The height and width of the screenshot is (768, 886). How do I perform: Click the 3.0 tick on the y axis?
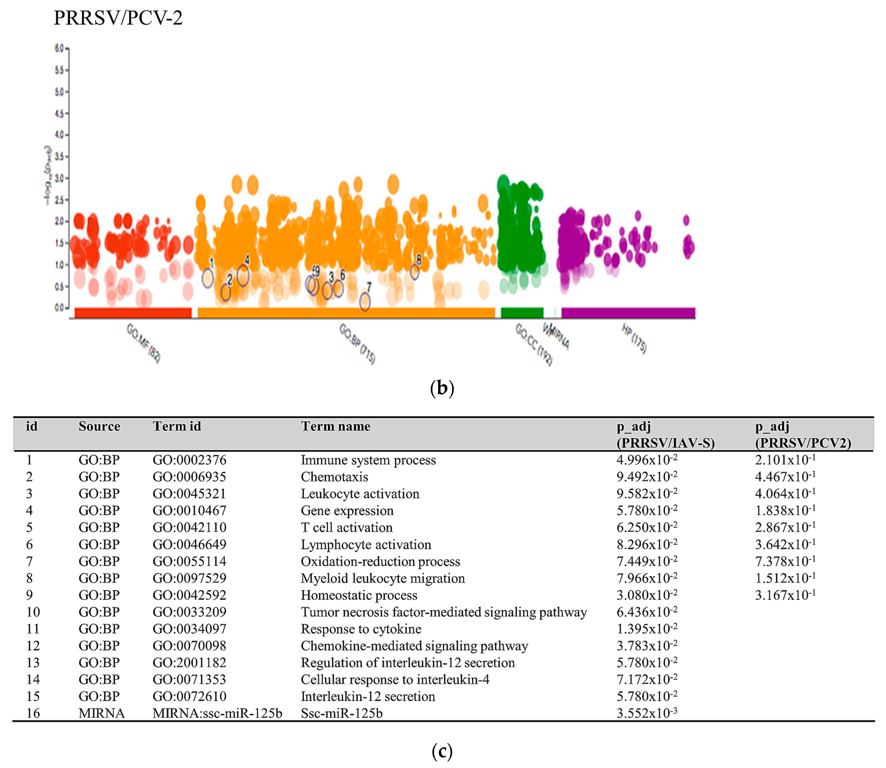[x=59, y=178]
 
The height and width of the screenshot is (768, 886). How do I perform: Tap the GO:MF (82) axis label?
[x=144, y=343]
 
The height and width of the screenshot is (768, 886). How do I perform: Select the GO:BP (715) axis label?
[x=357, y=344]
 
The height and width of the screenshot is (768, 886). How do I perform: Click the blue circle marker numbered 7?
[x=365, y=302]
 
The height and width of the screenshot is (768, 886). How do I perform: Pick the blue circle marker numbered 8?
[x=415, y=272]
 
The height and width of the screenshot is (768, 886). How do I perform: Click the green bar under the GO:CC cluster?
[x=522, y=313]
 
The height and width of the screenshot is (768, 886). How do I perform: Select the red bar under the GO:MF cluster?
[x=133, y=313]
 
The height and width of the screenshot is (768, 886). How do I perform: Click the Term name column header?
[x=335, y=426]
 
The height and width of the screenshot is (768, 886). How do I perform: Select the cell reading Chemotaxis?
[x=334, y=477]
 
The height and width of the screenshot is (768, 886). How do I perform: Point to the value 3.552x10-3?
[x=646, y=713]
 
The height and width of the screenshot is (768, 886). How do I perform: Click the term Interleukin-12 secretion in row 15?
[x=368, y=696]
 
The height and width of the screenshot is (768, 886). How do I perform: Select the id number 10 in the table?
[x=33, y=612]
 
